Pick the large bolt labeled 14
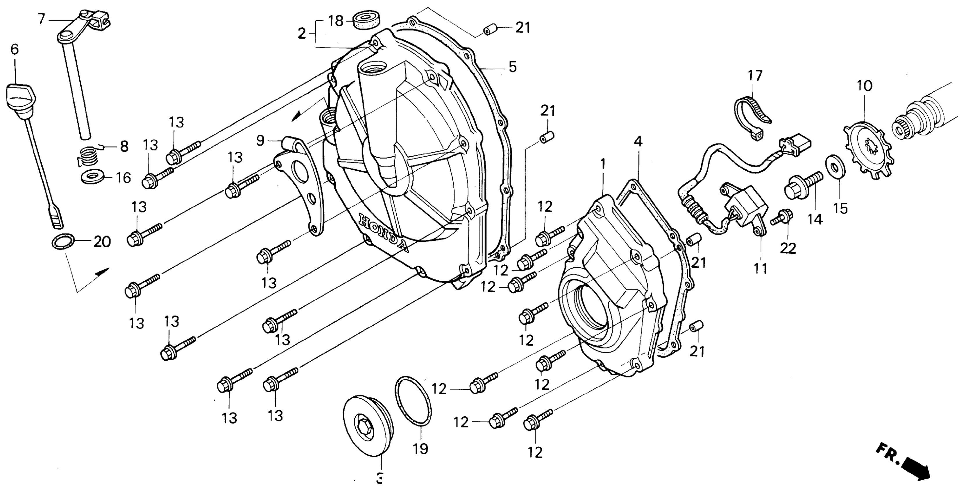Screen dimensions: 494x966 click(x=802, y=187)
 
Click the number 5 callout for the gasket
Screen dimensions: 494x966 click(x=513, y=67)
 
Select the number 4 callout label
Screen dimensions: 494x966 click(x=638, y=142)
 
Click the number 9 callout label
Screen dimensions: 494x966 click(x=260, y=141)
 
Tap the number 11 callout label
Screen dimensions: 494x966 click(x=761, y=269)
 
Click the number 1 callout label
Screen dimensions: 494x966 click(x=603, y=164)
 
